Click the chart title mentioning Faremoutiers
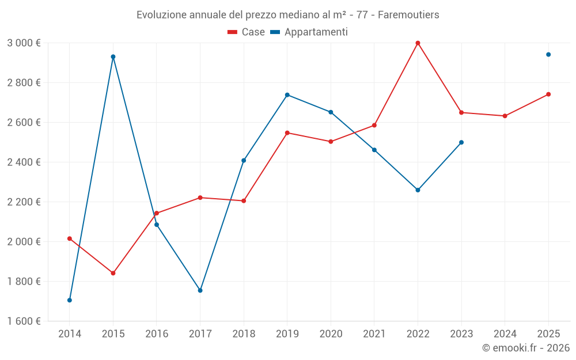tap(287, 14)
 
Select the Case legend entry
tap(247, 32)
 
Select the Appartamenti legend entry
tap(309, 32)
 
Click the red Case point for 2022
tap(418, 43)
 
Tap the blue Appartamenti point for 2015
tap(113, 56)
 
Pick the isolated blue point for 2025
tap(548, 55)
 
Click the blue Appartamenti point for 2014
tap(70, 300)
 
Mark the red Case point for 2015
tap(113, 273)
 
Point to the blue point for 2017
tap(200, 290)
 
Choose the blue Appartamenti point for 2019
tap(287, 94)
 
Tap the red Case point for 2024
tap(505, 116)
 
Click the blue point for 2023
tap(461, 142)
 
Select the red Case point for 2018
tap(244, 201)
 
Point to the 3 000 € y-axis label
tap(24, 43)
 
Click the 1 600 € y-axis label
tap(24, 321)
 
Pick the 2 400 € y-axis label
tap(24, 162)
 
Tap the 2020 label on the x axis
tap(331, 334)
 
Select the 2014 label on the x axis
tap(70, 334)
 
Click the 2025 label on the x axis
tap(548, 334)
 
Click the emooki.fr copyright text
tap(525, 348)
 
